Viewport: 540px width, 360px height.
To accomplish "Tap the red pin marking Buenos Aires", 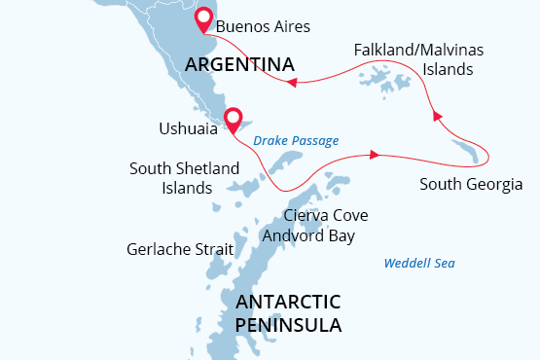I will [x=203, y=19].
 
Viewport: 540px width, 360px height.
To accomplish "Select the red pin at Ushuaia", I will [x=233, y=119].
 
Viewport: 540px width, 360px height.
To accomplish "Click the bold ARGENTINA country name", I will [x=239, y=65].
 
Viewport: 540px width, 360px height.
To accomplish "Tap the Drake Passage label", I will [x=296, y=141].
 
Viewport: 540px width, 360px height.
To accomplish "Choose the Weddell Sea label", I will [x=419, y=263].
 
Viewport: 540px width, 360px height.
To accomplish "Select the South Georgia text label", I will [x=471, y=184].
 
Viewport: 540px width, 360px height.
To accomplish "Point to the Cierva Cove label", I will [x=325, y=215].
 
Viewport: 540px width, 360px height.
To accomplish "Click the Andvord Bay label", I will [x=308, y=235].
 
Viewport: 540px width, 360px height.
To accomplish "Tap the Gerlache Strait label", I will [x=180, y=249].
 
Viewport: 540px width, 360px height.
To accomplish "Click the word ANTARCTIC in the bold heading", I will [x=288, y=301].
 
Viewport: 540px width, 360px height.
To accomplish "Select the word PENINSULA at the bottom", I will [x=288, y=325].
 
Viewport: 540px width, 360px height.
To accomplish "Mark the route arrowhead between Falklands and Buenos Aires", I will [x=290, y=83].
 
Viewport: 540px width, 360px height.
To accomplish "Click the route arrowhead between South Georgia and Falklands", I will [x=437, y=116].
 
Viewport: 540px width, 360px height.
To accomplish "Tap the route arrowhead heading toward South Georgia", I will [x=374, y=154].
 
